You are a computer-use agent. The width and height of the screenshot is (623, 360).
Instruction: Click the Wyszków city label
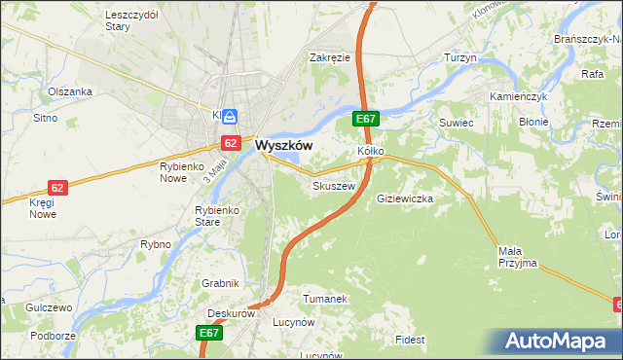tap(283, 145)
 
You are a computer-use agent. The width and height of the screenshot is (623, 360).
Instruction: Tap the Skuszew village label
tap(331, 185)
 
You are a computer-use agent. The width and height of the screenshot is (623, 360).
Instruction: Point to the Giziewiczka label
tap(404, 198)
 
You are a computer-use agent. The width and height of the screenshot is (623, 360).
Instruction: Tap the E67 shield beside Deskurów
tap(211, 333)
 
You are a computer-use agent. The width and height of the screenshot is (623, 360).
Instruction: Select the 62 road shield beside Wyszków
tap(230, 143)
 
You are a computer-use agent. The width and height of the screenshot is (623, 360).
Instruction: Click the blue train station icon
tap(230, 117)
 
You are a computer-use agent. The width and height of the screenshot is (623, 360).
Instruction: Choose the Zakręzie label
tap(329, 57)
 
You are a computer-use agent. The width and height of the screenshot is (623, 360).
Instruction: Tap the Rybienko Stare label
tap(217, 215)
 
